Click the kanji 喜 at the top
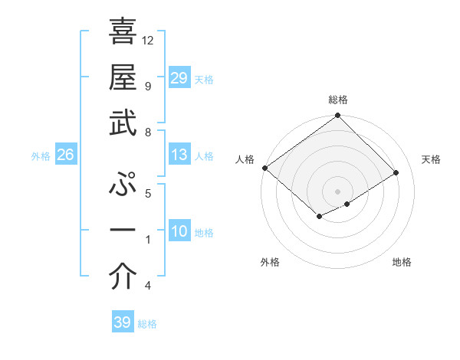(123, 31)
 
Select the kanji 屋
(123, 77)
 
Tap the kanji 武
(123, 123)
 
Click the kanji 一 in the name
(123, 231)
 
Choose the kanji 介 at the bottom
(123, 277)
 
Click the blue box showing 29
(179, 78)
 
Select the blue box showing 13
(179, 155)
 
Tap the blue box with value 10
(179, 232)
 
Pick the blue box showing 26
(66, 155)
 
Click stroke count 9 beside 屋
(147, 86)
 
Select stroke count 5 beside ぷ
(147, 194)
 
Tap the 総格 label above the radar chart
(337, 100)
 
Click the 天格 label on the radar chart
(431, 159)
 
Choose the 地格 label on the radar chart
(402, 263)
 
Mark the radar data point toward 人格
(264, 168)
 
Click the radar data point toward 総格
(337, 116)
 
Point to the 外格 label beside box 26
(41, 156)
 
